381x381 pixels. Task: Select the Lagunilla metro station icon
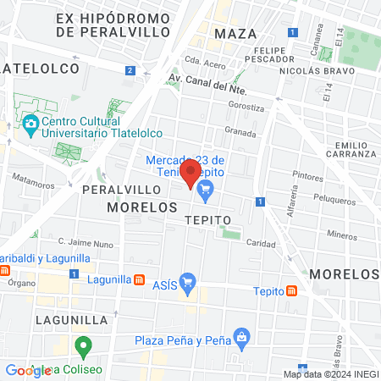[140, 279]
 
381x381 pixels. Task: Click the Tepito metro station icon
[291, 290]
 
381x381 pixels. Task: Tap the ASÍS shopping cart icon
[188, 281]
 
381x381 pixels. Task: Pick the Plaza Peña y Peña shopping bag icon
[243, 337]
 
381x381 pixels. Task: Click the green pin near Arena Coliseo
[83, 345]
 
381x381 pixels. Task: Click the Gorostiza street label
[247, 108]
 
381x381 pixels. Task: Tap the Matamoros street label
[33, 179]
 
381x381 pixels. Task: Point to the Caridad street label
[262, 243]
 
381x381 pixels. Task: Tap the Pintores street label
[306, 177]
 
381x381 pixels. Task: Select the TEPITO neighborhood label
[207, 219]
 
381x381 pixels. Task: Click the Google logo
[28, 370]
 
